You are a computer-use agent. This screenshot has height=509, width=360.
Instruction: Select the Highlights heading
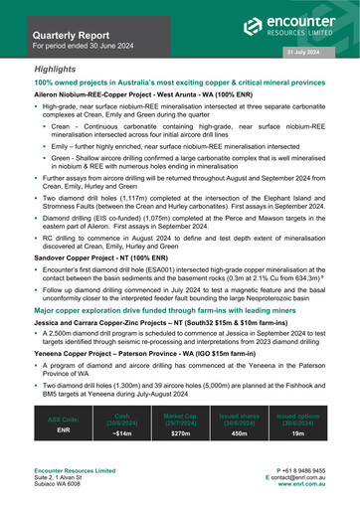[55, 70]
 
